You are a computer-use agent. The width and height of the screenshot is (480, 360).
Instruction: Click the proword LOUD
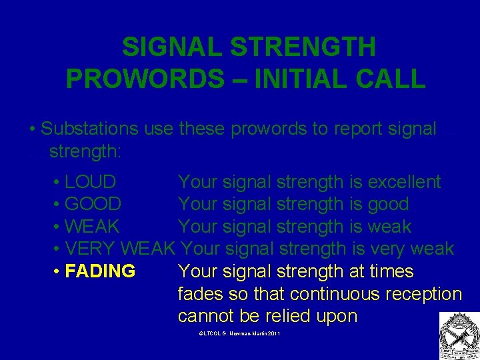[x=90, y=182]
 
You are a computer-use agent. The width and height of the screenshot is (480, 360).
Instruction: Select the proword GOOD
[x=93, y=204]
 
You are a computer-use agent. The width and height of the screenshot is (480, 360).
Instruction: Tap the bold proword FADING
[x=101, y=272]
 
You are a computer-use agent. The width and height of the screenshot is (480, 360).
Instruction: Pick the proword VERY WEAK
[x=121, y=249]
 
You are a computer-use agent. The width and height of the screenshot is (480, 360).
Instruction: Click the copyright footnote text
[x=239, y=332]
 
